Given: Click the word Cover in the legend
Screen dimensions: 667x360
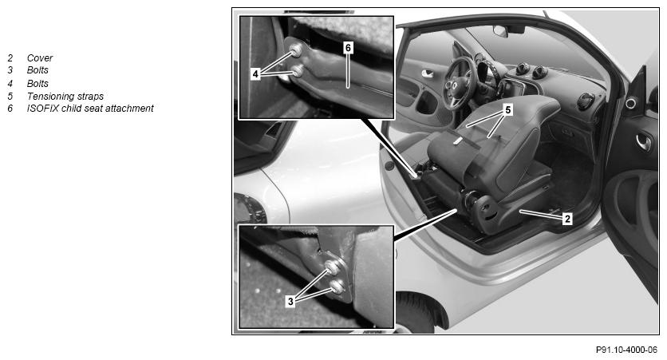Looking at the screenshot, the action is (x=40, y=58).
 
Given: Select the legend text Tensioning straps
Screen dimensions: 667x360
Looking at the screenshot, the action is (x=65, y=96).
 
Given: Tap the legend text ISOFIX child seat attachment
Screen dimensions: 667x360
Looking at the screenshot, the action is (x=89, y=109).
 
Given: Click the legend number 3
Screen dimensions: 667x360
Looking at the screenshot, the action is (x=10, y=70).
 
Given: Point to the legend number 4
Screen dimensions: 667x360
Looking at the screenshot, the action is (x=10, y=83).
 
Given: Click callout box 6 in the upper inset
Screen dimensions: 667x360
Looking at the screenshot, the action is (x=348, y=48).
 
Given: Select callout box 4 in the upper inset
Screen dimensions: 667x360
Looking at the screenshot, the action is (x=255, y=74).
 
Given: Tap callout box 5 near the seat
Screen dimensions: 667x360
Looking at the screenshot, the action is (x=507, y=110).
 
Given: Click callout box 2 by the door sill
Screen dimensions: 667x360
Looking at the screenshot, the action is (x=567, y=220).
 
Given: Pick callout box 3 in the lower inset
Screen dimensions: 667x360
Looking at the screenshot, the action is (x=290, y=302).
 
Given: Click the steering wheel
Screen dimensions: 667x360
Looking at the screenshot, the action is (x=459, y=83).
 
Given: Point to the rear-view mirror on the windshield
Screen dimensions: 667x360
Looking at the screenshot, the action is (x=500, y=30).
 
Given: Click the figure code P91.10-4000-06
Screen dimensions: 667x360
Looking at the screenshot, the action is (x=626, y=350).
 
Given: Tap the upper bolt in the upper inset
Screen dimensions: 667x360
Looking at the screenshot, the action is (x=296, y=50).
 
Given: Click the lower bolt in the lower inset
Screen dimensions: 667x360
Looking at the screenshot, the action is (x=337, y=287).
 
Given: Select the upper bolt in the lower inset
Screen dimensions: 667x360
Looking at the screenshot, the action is (x=332, y=267).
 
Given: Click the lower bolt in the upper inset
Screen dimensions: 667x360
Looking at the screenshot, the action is (x=298, y=70).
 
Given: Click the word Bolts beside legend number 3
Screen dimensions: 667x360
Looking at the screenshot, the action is (x=37, y=70).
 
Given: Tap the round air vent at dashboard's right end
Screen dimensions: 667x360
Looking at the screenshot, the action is (x=586, y=101).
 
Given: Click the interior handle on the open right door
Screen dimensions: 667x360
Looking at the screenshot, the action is (x=644, y=142).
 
